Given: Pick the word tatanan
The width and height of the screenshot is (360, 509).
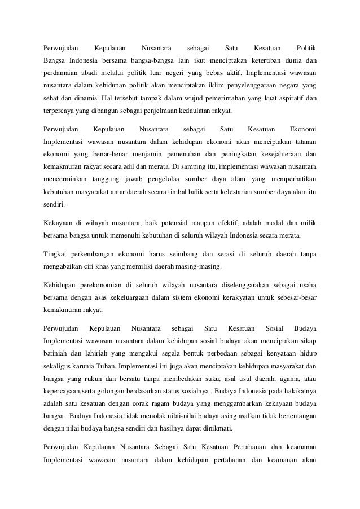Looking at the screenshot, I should pyautogui.click(x=303, y=141).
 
